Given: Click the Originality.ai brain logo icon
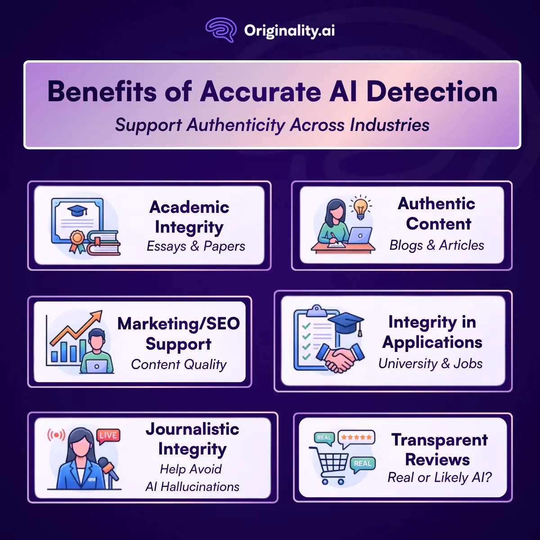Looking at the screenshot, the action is [x=221, y=30].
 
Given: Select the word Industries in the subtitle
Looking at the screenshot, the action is [x=390, y=125].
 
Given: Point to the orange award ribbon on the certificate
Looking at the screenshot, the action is [x=77, y=242].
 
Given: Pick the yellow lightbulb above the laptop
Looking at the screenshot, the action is [x=360, y=208].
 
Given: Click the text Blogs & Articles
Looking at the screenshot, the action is [x=436, y=245].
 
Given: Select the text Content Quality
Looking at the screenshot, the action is [x=179, y=364].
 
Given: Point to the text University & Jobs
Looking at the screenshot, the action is [x=431, y=364].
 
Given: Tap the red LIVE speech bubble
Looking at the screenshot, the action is [x=108, y=436].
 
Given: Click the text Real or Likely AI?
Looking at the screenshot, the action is [x=439, y=477].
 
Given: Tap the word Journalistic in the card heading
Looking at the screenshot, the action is [x=193, y=429].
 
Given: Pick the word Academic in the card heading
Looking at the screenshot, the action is [x=189, y=207].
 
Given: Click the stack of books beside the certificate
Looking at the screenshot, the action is [x=103, y=243].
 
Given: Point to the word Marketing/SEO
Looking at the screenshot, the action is [x=179, y=324].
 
